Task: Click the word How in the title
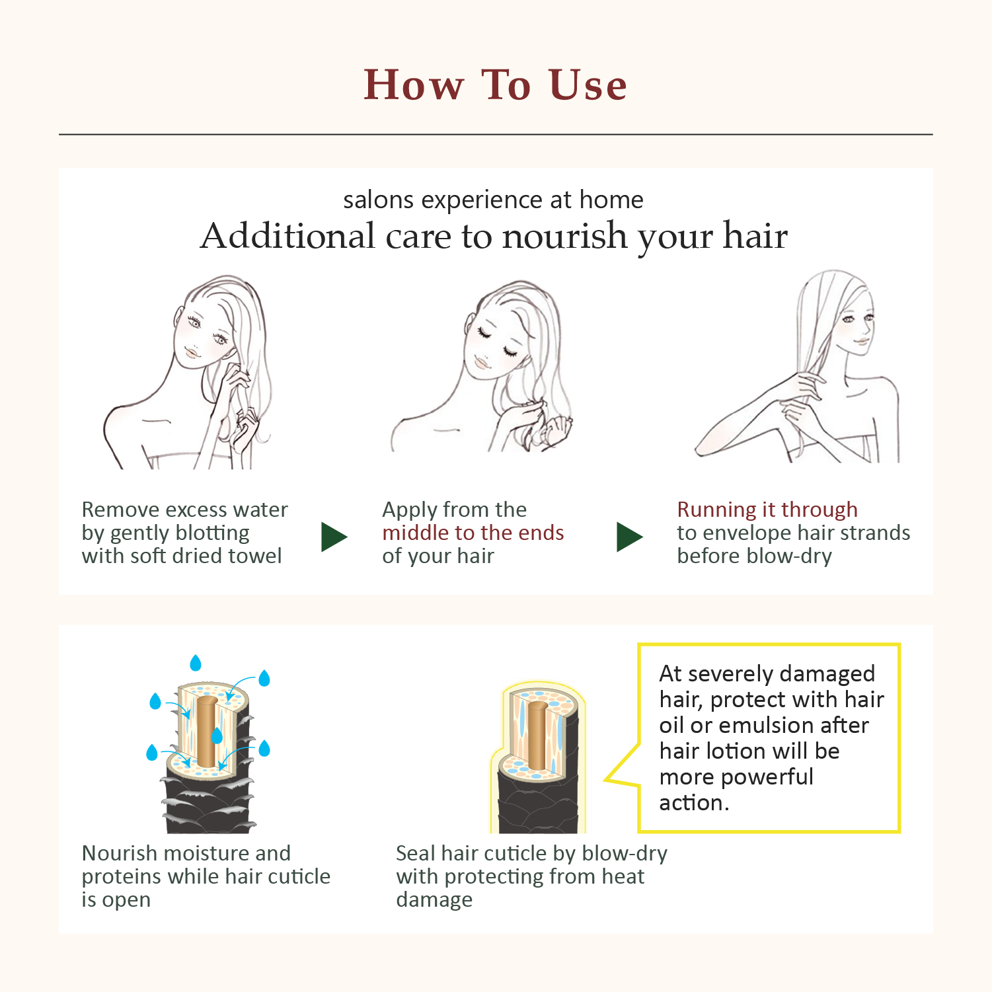click(x=414, y=85)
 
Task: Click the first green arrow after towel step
click(x=334, y=537)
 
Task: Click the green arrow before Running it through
click(x=629, y=537)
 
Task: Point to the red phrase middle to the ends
click(x=473, y=533)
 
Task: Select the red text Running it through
click(x=767, y=510)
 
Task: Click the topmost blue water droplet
click(x=196, y=662)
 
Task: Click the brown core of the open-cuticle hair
click(x=207, y=730)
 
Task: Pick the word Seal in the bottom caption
click(x=415, y=853)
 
